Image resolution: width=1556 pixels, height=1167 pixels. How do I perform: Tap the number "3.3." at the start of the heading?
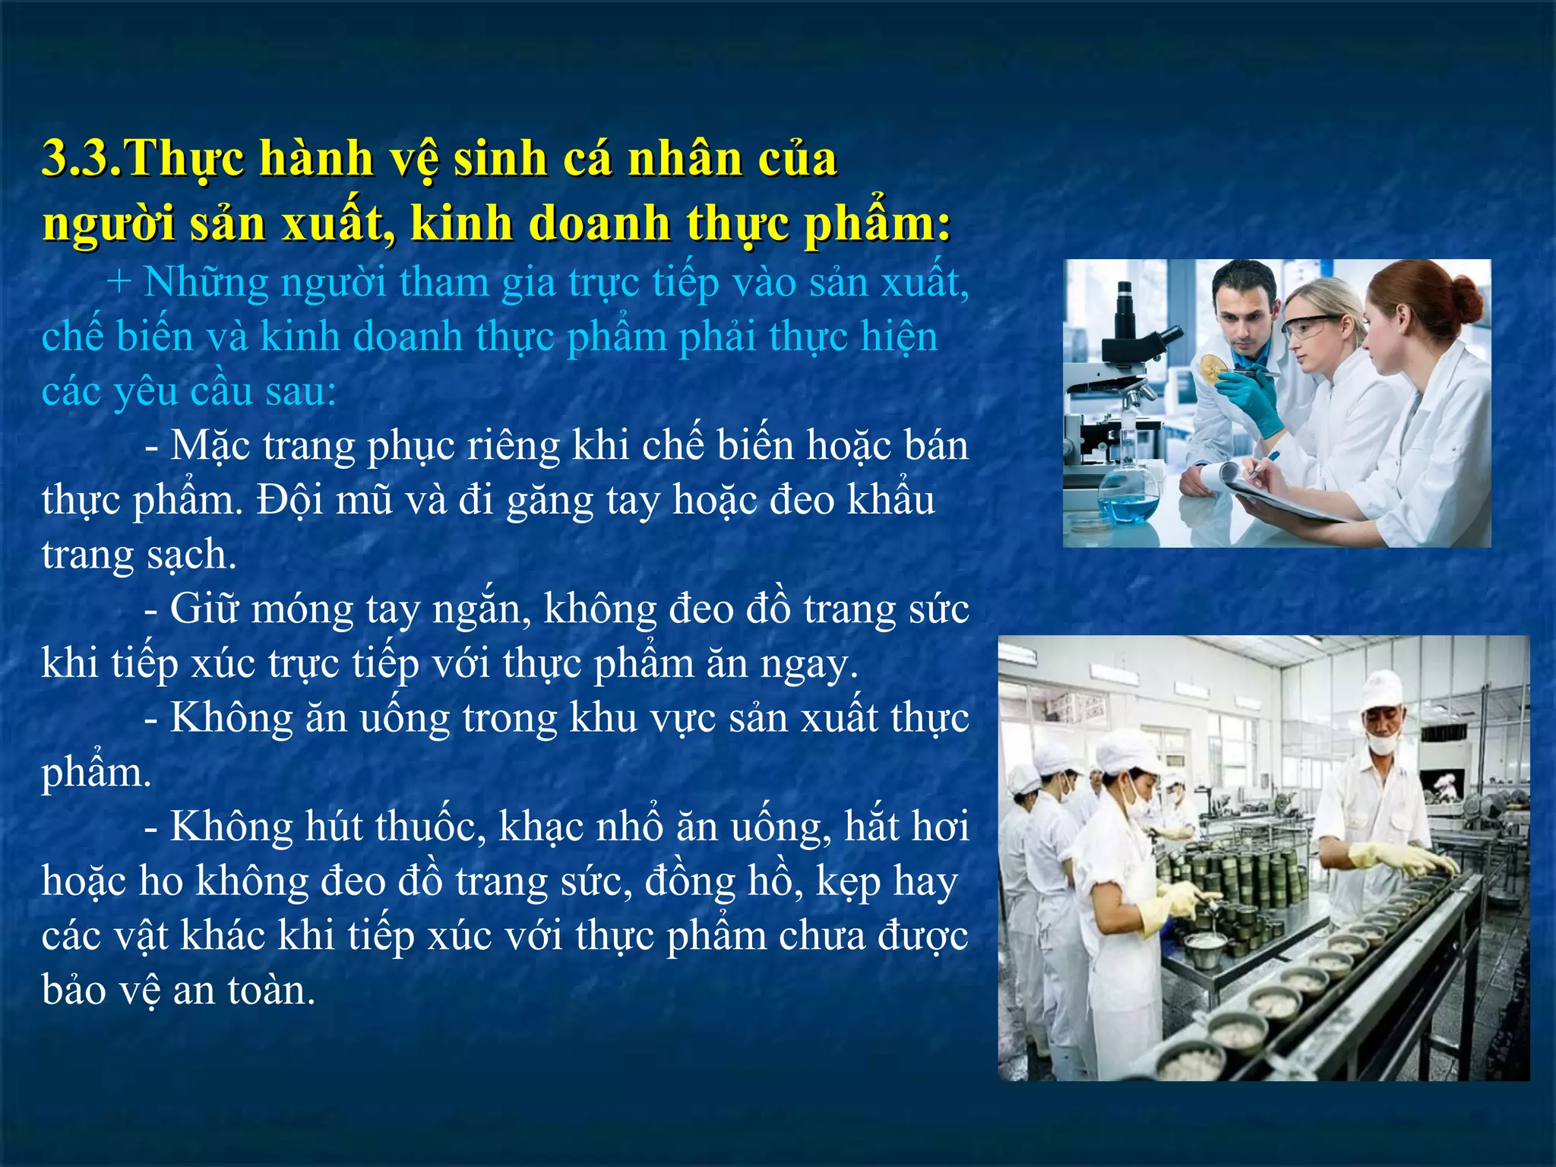[x=81, y=159]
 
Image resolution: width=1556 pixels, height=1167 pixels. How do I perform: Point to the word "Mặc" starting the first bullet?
[x=210, y=446]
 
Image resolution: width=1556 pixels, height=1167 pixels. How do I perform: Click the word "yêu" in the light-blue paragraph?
[x=146, y=393]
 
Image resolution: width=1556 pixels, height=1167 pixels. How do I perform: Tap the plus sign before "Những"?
[x=119, y=283]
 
